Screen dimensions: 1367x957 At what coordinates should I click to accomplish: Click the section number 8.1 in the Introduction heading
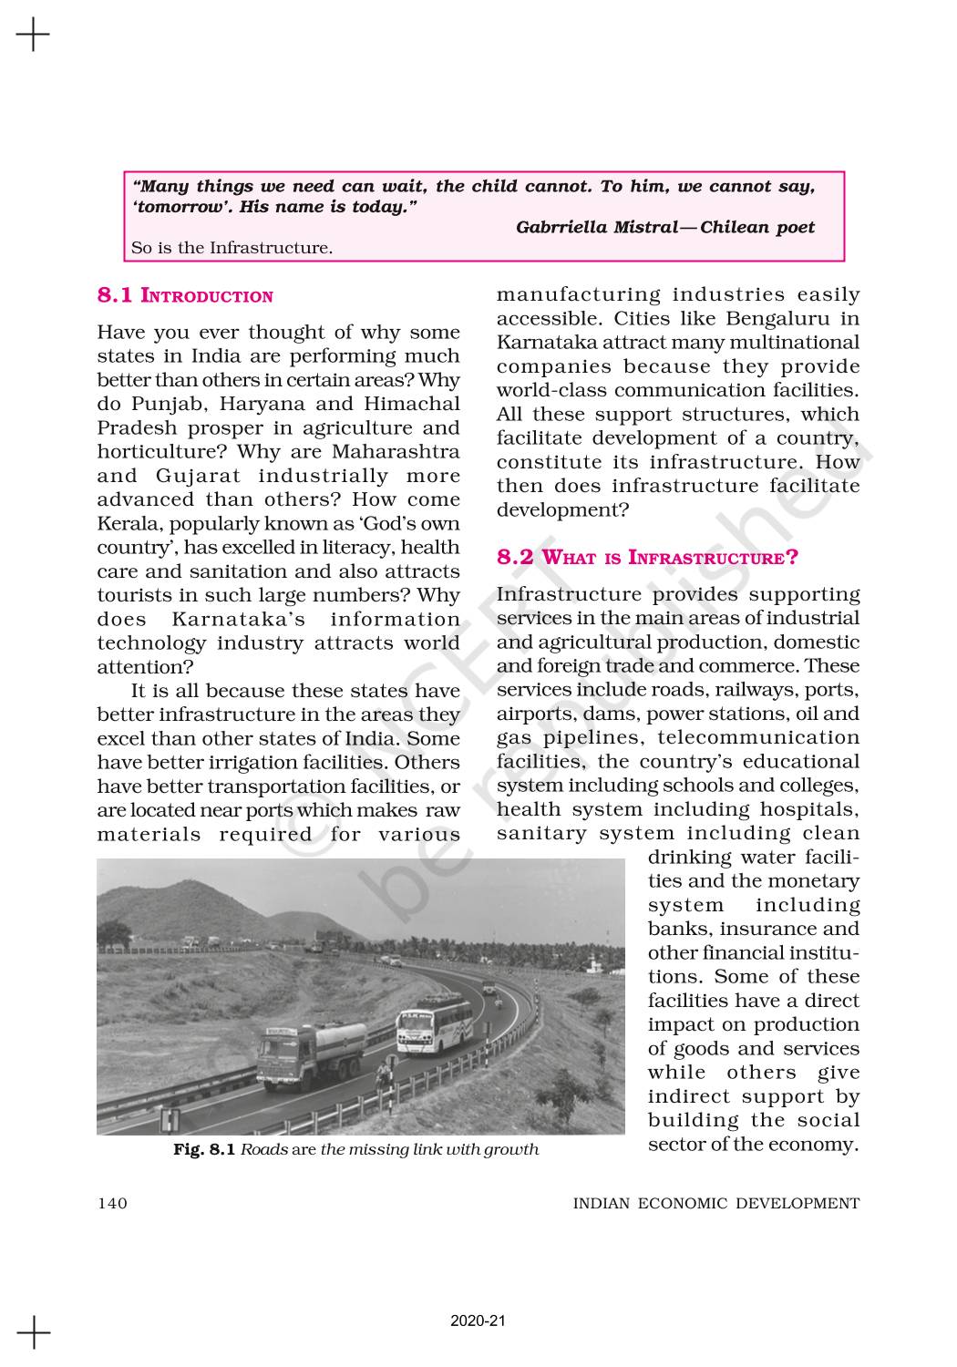click(115, 296)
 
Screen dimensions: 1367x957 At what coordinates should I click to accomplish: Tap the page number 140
click(112, 1203)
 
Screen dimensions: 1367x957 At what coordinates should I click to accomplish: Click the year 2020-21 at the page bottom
click(478, 1320)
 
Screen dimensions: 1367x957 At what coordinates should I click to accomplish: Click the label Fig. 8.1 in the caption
click(204, 1149)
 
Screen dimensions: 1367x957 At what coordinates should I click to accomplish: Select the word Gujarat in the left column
click(198, 476)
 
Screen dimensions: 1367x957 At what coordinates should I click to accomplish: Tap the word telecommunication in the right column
click(758, 737)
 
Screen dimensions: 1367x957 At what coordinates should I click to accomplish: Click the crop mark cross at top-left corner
click(33, 36)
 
